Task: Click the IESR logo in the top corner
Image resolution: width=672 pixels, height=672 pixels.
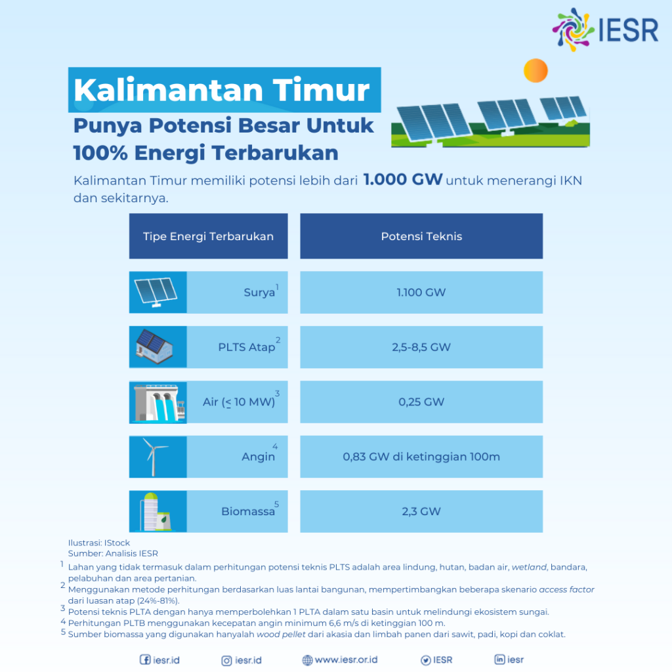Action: point(604,30)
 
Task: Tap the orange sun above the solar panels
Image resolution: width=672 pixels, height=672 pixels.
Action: point(535,70)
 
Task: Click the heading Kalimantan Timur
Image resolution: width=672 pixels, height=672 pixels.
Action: point(222,90)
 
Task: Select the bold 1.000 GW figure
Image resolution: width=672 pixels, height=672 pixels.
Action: point(403,180)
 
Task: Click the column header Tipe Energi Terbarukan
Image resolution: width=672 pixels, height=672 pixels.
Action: point(208,236)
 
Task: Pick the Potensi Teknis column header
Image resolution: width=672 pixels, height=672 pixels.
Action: point(421,236)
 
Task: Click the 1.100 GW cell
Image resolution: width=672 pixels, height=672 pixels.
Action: point(421,292)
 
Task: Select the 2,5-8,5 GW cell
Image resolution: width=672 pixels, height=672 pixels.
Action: point(421,346)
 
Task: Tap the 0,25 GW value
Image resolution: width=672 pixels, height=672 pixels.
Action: point(421,402)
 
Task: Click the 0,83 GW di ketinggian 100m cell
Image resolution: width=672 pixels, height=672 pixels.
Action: point(421,456)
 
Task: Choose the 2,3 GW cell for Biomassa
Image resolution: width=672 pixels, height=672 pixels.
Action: point(421,511)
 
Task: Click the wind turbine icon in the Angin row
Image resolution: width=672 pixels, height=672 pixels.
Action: point(156,457)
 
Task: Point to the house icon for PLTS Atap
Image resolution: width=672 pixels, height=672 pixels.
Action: point(154,347)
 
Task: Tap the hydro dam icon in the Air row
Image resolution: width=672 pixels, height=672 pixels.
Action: point(156,402)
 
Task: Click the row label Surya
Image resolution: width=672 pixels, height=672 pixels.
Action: point(259,293)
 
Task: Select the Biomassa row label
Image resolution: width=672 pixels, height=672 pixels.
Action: point(248,511)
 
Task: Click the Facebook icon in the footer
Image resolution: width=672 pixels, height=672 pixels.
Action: point(145,660)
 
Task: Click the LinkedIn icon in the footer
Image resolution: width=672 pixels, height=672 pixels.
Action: point(499,660)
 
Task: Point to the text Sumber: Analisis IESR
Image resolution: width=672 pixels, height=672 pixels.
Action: point(113,553)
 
